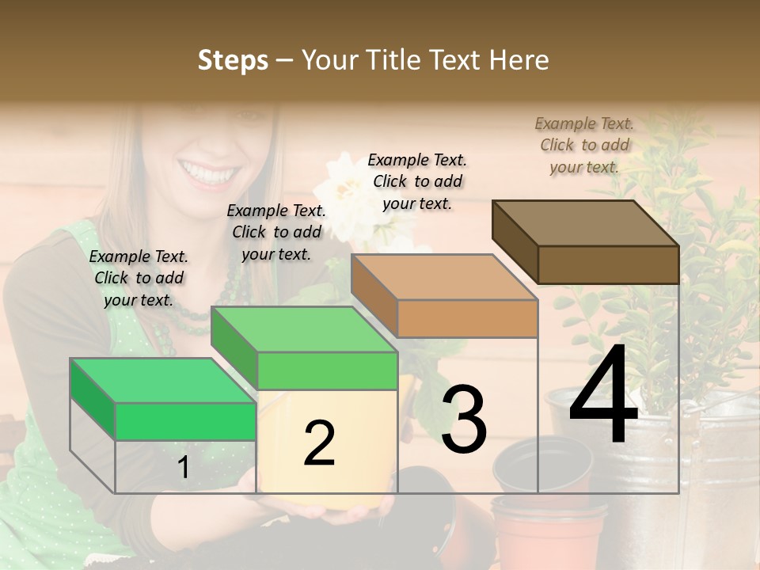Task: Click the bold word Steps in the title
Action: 233,60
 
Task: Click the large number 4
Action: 603,397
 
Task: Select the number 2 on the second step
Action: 319,443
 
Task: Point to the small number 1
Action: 183,468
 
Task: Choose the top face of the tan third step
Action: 444,277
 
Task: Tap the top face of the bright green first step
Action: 163,380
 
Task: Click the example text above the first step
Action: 139,278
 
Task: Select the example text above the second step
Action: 276,232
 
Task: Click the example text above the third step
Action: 417,181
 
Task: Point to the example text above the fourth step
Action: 584,145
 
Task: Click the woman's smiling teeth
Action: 207,169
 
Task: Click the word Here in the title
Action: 519,60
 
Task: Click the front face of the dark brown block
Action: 608,264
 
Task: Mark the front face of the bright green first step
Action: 185,421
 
